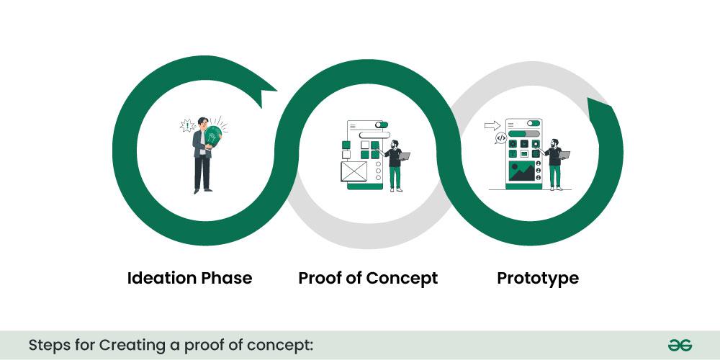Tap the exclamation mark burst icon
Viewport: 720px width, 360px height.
(x=187, y=126)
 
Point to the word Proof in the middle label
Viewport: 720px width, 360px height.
(x=321, y=278)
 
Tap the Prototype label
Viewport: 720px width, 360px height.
(x=538, y=278)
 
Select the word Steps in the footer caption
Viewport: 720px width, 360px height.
(x=48, y=345)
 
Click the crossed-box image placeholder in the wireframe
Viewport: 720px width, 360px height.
(x=354, y=171)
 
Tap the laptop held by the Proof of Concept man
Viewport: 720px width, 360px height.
(x=403, y=155)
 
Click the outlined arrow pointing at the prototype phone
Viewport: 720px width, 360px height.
(x=492, y=125)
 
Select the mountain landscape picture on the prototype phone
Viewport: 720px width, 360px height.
(x=522, y=171)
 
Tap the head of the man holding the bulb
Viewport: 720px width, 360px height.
(x=203, y=122)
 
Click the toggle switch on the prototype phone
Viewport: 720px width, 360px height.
(x=533, y=123)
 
